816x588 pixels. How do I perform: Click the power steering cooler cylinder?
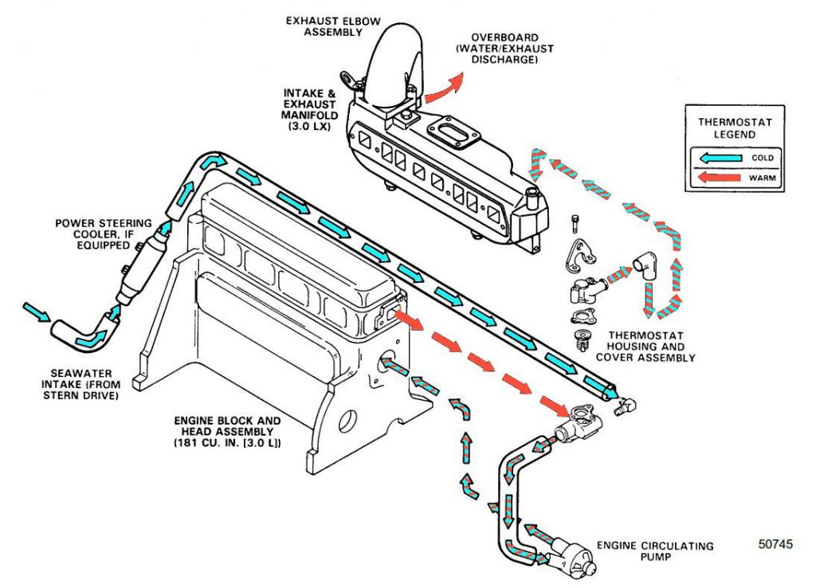(x=141, y=267)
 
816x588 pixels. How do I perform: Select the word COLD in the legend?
(x=762, y=158)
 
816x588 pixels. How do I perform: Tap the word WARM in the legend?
(x=762, y=178)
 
